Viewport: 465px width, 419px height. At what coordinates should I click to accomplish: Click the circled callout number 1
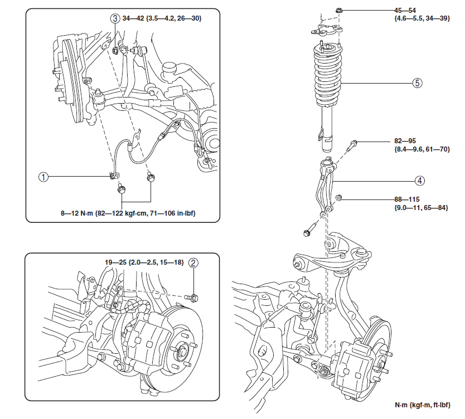click(x=43, y=177)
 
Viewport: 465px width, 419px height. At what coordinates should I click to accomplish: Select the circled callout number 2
click(x=193, y=262)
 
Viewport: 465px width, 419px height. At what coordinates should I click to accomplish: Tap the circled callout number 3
click(x=115, y=18)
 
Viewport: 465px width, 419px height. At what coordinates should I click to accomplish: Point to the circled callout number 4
click(x=420, y=181)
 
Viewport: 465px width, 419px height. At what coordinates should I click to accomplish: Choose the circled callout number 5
click(x=417, y=83)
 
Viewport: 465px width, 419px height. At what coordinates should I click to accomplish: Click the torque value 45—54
click(x=405, y=11)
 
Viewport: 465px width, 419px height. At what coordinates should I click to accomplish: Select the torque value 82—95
click(x=405, y=142)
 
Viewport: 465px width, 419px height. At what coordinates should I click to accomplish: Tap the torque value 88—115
click(x=407, y=199)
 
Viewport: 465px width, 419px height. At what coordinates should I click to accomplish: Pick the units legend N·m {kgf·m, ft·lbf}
click(x=422, y=405)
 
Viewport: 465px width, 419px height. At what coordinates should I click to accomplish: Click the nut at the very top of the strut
click(x=340, y=11)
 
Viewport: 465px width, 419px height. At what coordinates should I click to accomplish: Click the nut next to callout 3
click(x=115, y=50)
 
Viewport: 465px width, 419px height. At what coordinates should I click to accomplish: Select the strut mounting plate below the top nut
click(x=327, y=30)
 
